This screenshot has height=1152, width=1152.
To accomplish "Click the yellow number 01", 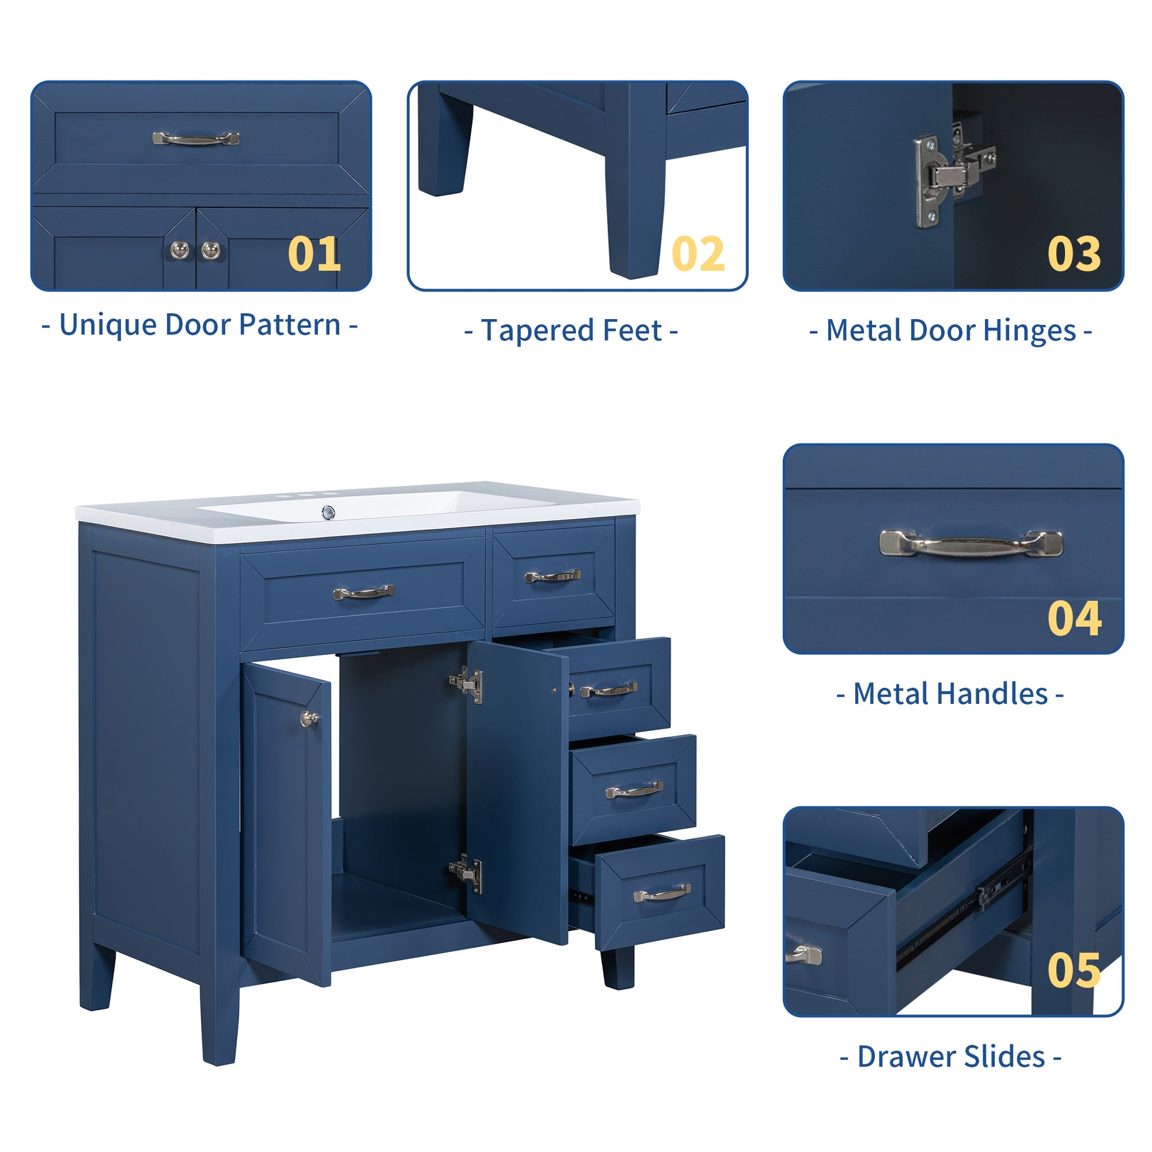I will (x=314, y=254).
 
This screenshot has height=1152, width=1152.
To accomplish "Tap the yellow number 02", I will (x=697, y=254).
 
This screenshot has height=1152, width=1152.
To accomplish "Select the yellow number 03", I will (x=1074, y=254).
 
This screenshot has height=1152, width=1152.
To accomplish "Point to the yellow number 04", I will (x=1074, y=619).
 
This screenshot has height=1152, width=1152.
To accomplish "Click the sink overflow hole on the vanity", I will (x=328, y=511).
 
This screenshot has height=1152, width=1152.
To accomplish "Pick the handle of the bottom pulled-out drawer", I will (x=662, y=893).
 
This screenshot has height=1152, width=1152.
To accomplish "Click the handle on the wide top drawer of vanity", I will (x=363, y=593).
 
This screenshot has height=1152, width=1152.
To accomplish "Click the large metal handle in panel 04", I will (x=971, y=543).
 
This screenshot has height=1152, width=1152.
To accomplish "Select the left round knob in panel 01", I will (x=180, y=250).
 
